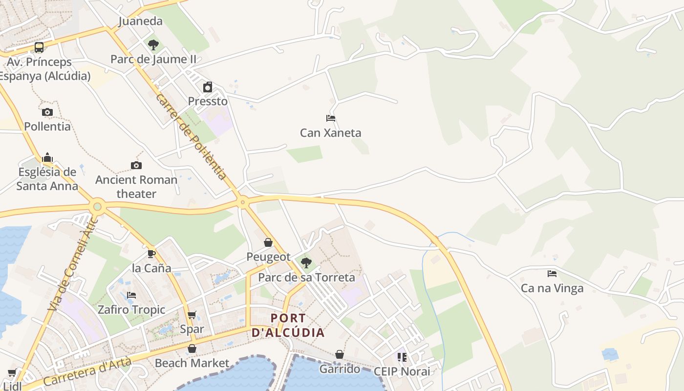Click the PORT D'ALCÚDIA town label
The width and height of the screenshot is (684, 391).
[288, 326]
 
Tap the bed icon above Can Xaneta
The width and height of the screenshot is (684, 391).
[331, 118]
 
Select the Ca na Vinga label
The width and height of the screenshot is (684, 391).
[552, 288]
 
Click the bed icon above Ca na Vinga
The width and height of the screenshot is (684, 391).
[552, 274]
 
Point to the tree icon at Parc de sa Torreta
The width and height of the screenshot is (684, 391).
[306, 263]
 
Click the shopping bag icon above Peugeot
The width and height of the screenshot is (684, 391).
[268, 242]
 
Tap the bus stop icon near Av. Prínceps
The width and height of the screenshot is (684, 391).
[39, 47]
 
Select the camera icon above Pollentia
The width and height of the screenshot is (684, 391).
[47, 112]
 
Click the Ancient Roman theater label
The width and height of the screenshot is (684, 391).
[136, 187]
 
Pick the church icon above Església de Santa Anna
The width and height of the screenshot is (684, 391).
[47, 157]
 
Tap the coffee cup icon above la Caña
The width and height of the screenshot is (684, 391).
[151, 254]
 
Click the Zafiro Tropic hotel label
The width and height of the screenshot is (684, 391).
[131, 309]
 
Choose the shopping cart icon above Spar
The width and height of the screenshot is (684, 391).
[192, 315]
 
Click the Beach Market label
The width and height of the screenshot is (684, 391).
[192, 363]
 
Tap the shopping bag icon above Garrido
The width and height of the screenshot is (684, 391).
[340, 354]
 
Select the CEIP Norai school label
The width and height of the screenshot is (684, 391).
[402, 371]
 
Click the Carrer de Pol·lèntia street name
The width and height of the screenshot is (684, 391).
[191, 136]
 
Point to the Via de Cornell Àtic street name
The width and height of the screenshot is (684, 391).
[73, 264]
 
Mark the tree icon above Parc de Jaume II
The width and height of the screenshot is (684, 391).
[153, 45]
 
